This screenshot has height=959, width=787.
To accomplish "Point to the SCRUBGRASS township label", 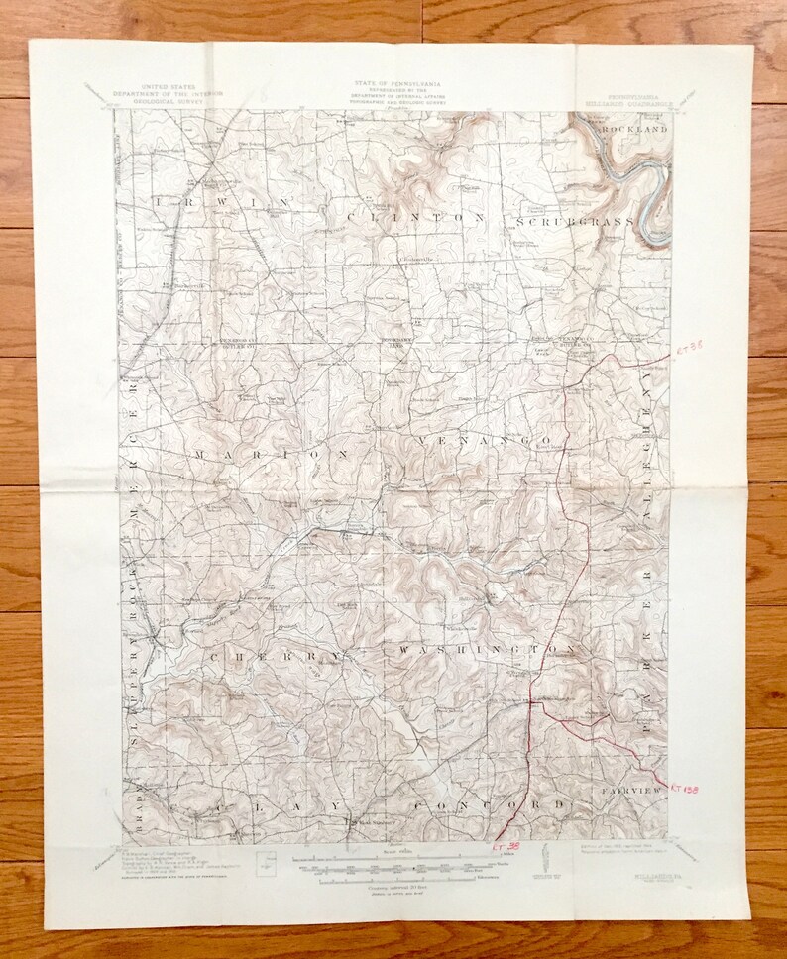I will click(572, 221).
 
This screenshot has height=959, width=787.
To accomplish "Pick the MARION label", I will click(271, 454).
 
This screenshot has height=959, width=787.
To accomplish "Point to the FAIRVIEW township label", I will click(631, 793).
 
